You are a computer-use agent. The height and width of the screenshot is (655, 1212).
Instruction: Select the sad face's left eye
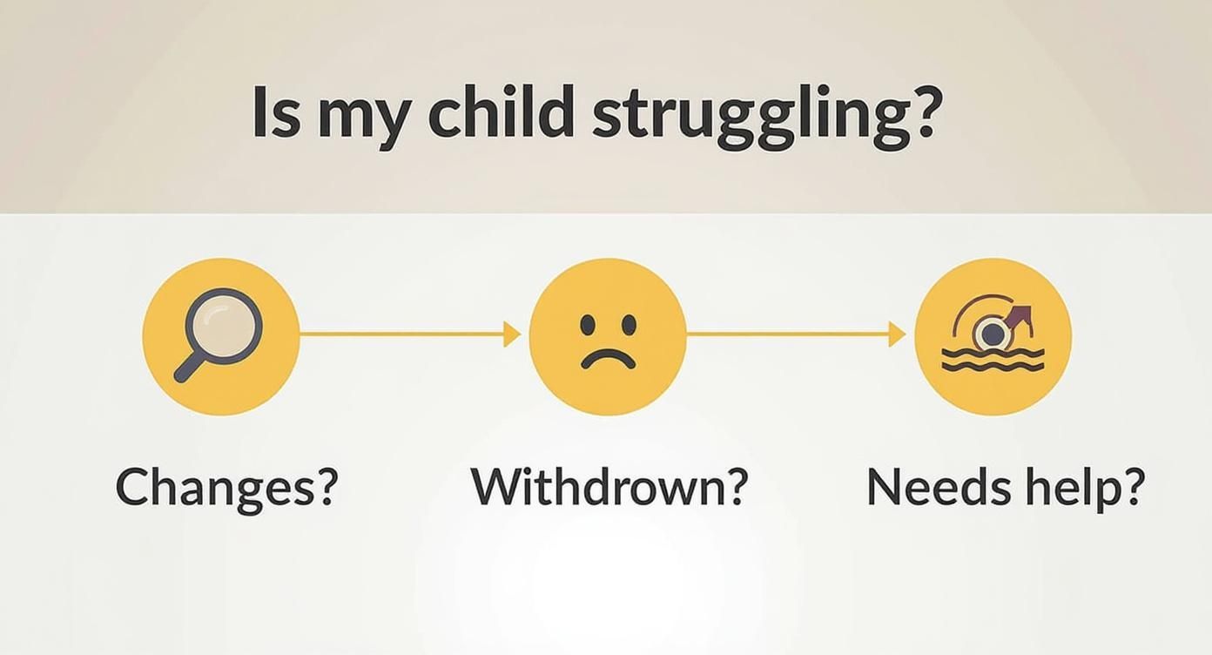point(589,326)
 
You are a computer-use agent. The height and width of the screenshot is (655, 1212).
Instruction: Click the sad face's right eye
point(629,326)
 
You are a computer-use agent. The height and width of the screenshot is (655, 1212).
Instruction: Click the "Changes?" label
point(226,488)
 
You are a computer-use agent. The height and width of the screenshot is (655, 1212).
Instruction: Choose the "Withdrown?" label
point(609,488)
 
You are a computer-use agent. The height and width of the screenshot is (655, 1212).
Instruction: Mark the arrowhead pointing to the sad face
point(513,334)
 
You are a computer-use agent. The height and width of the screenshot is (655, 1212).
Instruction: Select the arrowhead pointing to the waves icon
point(897,334)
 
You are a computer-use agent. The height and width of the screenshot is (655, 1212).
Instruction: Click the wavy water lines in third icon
point(993,360)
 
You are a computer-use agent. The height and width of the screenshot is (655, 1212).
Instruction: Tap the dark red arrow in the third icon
point(1019,316)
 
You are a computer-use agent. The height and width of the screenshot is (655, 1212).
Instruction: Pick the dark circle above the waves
point(990,333)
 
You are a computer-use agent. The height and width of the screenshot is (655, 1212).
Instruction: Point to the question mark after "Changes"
point(324,488)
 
